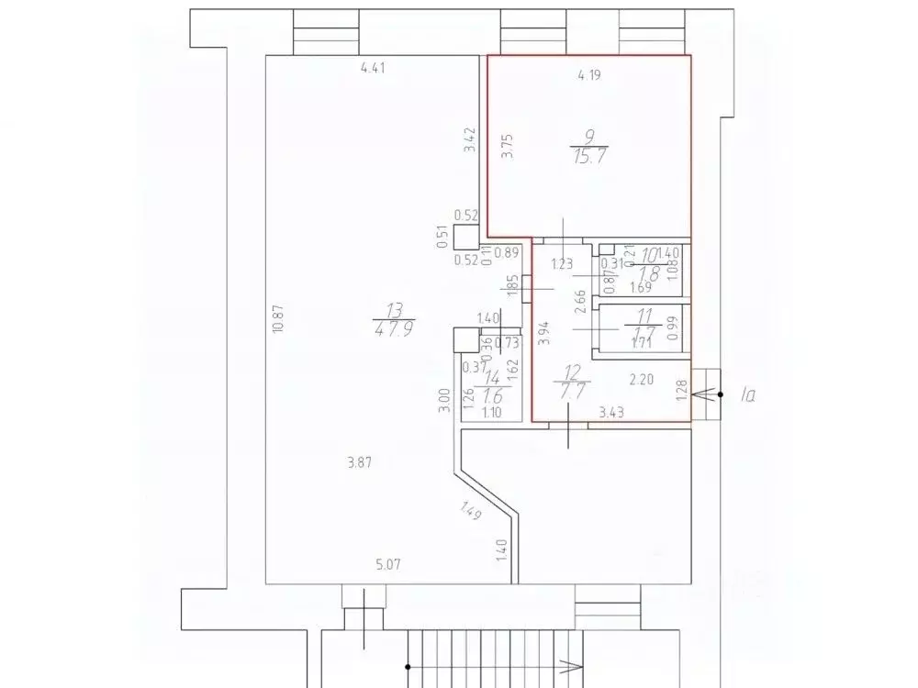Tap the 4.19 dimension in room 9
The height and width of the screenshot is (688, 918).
[x=588, y=76]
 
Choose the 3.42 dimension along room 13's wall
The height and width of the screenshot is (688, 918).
[x=470, y=140]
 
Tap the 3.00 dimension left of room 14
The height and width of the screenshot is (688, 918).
[x=444, y=402]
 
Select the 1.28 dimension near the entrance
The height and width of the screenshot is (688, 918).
[x=681, y=391]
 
